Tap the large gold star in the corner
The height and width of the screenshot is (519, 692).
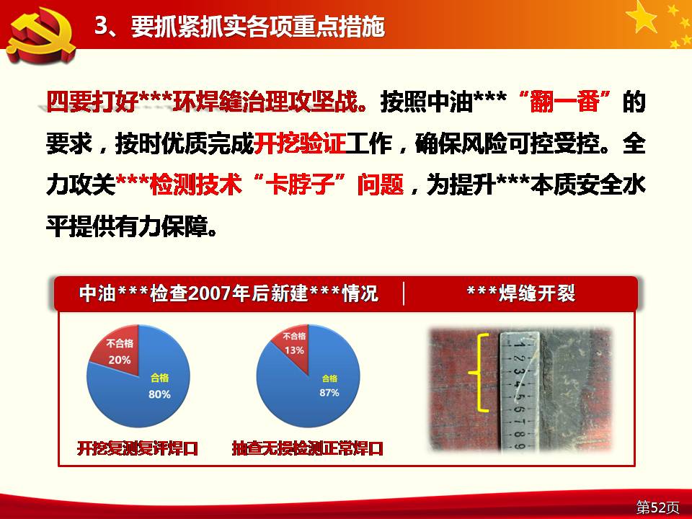click(642, 17)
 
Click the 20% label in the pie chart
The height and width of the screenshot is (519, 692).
click(120, 360)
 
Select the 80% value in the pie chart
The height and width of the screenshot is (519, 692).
click(159, 394)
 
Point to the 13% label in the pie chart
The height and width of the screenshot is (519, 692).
click(294, 350)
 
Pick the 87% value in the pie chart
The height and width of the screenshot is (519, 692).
click(329, 392)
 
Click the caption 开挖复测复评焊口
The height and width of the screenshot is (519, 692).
click(137, 448)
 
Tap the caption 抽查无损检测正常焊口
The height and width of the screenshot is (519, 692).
click(308, 448)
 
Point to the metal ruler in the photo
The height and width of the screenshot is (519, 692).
click(520, 391)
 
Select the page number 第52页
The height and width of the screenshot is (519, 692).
click(657, 507)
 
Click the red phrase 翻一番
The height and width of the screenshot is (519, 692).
click(564, 102)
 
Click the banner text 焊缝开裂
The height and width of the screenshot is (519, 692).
click(537, 293)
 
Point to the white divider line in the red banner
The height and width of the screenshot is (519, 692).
click(404, 293)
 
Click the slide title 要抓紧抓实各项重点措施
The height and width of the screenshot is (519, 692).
click(258, 27)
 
